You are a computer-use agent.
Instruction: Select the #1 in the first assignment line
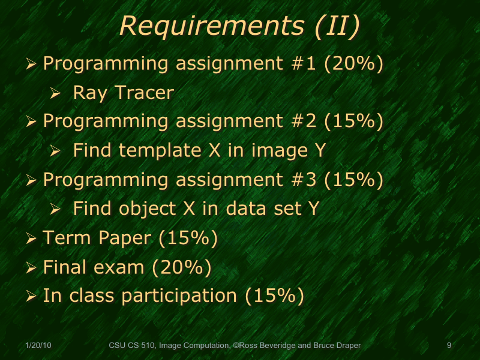tap(304, 63)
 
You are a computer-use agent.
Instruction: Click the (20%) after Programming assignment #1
tap(353, 63)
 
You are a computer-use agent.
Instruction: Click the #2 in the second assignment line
tap(304, 121)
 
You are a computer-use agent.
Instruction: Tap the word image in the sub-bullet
tap(273, 151)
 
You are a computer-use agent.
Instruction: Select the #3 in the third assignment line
tap(304, 179)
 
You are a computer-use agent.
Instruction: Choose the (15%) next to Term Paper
tap(187, 238)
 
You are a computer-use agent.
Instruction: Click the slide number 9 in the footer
tap(449, 346)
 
